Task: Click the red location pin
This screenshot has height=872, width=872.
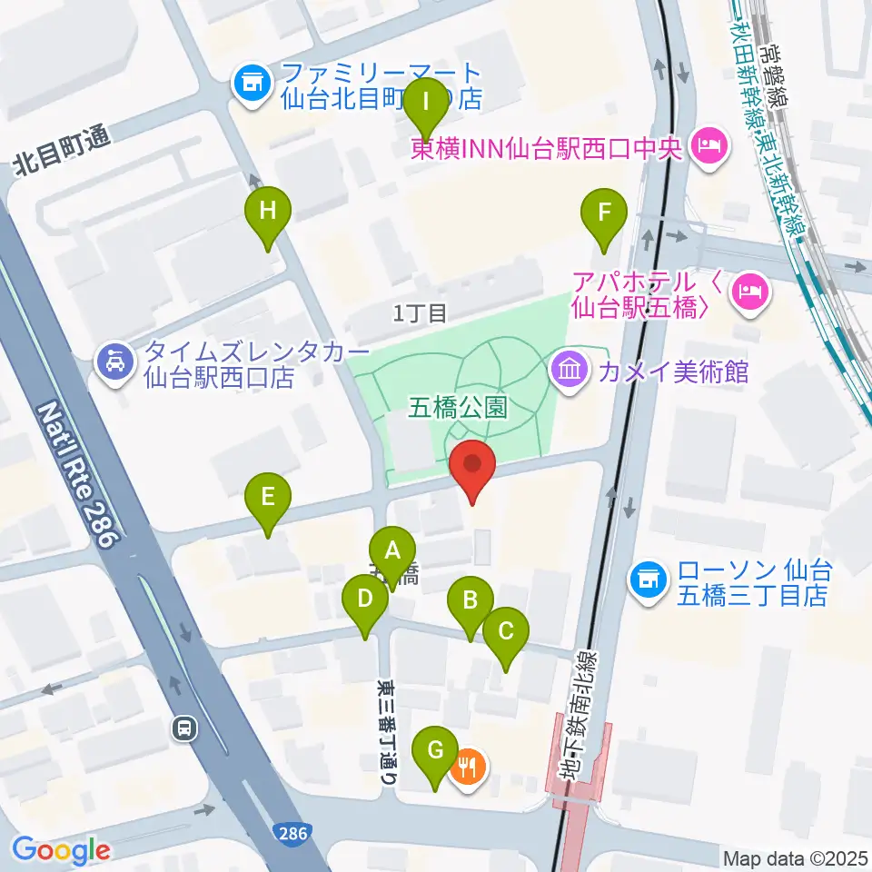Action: click(472, 469)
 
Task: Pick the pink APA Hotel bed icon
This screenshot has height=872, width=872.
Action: click(749, 292)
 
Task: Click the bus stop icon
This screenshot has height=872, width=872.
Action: click(185, 727)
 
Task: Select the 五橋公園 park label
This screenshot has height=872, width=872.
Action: click(470, 407)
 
